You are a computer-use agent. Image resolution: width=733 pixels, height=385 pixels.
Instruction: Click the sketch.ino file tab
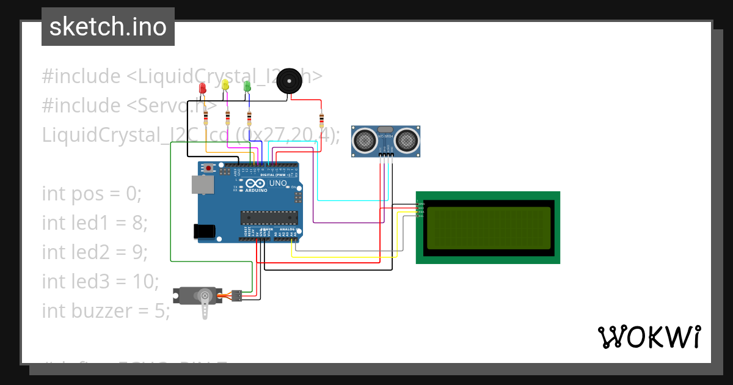coord(108,27)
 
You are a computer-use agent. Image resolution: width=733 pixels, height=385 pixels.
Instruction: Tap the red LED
coord(203,89)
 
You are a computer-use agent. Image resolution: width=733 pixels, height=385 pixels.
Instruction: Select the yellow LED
coord(225,85)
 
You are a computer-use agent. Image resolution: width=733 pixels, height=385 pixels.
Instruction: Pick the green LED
coord(247,86)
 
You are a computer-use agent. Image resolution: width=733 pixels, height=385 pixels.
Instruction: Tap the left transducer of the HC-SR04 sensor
coord(365,141)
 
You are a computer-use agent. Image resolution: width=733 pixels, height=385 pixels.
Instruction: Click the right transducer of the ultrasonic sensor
coord(407,141)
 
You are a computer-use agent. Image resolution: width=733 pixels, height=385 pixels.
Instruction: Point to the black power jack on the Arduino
coord(204,231)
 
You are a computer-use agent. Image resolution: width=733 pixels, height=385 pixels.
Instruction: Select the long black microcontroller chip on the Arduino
coord(269,217)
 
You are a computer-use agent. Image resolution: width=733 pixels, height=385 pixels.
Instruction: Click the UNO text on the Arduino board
coord(278,183)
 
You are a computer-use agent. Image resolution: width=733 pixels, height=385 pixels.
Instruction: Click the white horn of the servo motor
coord(205,305)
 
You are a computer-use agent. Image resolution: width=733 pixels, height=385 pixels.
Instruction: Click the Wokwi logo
coord(649,337)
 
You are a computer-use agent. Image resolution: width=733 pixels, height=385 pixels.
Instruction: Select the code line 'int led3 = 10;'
coord(100,282)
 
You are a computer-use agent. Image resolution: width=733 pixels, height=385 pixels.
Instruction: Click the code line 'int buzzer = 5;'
coord(106,311)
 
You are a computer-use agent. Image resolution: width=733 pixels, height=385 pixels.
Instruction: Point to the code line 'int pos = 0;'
coord(92,194)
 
